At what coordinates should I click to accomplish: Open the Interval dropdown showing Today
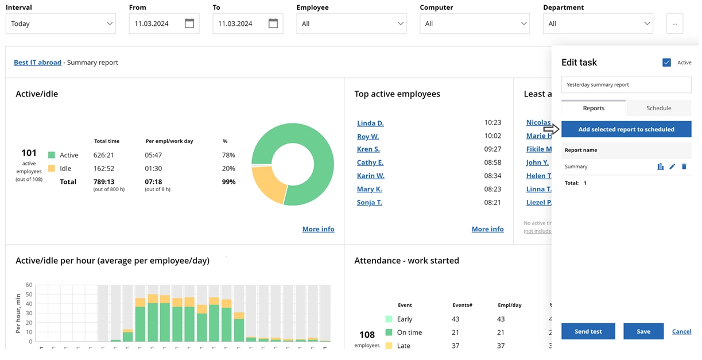tap(60, 24)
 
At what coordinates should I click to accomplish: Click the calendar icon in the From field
tap(189, 24)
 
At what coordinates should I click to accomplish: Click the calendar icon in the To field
tap(273, 24)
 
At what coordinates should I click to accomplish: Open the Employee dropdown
tap(351, 24)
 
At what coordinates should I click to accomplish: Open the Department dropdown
tap(598, 24)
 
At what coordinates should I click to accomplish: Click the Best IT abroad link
tap(37, 63)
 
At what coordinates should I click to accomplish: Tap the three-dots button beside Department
tap(674, 24)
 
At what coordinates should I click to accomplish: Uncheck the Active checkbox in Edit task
tap(666, 63)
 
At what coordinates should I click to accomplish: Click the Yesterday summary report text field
tap(626, 84)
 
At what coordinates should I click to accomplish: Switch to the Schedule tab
tap(658, 108)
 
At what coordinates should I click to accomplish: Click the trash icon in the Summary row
tap(684, 167)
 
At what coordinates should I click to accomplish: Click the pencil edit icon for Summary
tap(672, 167)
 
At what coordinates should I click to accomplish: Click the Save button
tap(643, 331)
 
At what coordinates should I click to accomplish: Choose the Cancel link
tap(681, 331)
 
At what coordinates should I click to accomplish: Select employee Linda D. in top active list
tap(370, 123)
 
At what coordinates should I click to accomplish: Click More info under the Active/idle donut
tap(318, 229)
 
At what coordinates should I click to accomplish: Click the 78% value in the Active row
tap(228, 155)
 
